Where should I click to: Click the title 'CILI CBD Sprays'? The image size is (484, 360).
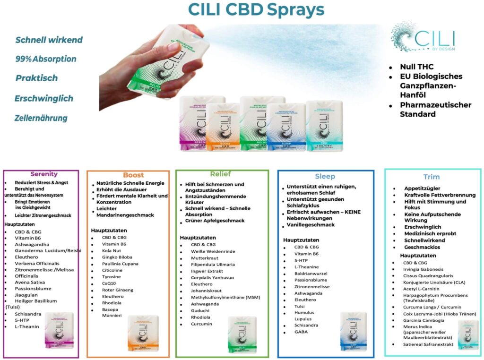(x=256, y=10)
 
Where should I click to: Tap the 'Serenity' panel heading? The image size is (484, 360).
(x=44, y=174)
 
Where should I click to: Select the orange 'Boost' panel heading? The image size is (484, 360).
(x=133, y=175)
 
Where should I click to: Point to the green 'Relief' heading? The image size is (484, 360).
(x=221, y=174)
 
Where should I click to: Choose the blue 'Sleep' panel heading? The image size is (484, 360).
(x=325, y=176)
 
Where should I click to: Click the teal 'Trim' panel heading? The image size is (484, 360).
(x=431, y=177)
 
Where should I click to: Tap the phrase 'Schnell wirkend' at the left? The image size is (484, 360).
(x=49, y=40)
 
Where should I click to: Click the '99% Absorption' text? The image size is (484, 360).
(x=45, y=59)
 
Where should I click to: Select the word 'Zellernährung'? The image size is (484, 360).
(x=41, y=118)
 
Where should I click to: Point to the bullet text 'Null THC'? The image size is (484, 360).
(x=417, y=67)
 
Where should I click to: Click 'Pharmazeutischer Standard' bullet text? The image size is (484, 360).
(x=435, y=109)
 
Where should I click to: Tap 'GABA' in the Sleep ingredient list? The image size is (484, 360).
(x=301, y=332)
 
